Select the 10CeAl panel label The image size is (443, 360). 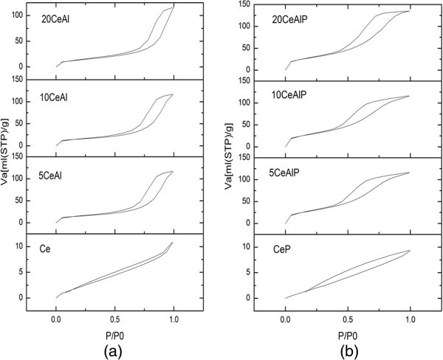coord(60,97)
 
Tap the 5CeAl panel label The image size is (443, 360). coord(58,175)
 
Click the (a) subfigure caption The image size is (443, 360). coord(114,350)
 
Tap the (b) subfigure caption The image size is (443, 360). coord(345,350)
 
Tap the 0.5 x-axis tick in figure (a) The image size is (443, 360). coord(114,320)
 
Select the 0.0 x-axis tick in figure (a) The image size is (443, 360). coord(56,320)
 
